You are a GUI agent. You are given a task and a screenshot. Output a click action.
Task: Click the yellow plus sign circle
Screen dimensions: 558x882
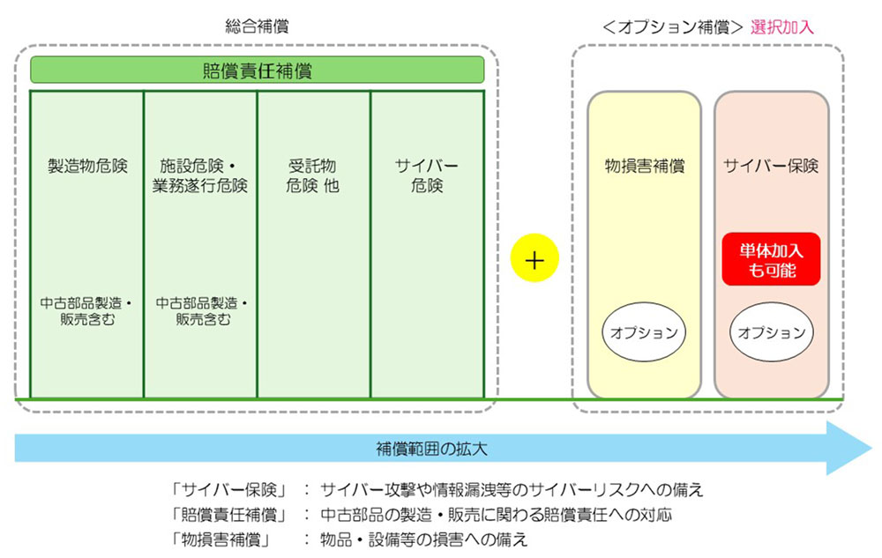534,260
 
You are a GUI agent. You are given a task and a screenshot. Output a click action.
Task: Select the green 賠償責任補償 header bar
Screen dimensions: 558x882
257,71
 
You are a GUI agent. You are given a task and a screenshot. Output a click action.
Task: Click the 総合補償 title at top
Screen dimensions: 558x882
257,27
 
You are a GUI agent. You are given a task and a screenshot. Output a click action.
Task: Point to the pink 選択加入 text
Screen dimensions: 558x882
782,27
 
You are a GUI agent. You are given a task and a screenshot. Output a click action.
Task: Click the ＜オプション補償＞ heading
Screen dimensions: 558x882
673,27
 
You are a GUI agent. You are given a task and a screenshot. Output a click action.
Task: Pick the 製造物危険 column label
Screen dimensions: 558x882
87,166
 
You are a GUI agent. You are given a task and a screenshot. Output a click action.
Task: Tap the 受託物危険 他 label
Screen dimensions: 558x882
312,175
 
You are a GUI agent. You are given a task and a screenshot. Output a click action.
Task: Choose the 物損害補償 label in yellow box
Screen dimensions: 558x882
644,166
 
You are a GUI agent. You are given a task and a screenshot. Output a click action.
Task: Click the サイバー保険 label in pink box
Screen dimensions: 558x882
771,166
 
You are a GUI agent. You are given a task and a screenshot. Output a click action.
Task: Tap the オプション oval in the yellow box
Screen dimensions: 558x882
645,333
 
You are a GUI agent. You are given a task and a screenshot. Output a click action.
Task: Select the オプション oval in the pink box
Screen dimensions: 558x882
772,333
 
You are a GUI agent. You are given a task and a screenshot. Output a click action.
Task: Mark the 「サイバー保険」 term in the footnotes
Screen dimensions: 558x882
225,489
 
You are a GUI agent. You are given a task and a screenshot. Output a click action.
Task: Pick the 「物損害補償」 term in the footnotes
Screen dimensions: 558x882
225,538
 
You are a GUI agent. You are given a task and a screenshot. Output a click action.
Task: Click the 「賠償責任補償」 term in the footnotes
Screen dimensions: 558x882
225,514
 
